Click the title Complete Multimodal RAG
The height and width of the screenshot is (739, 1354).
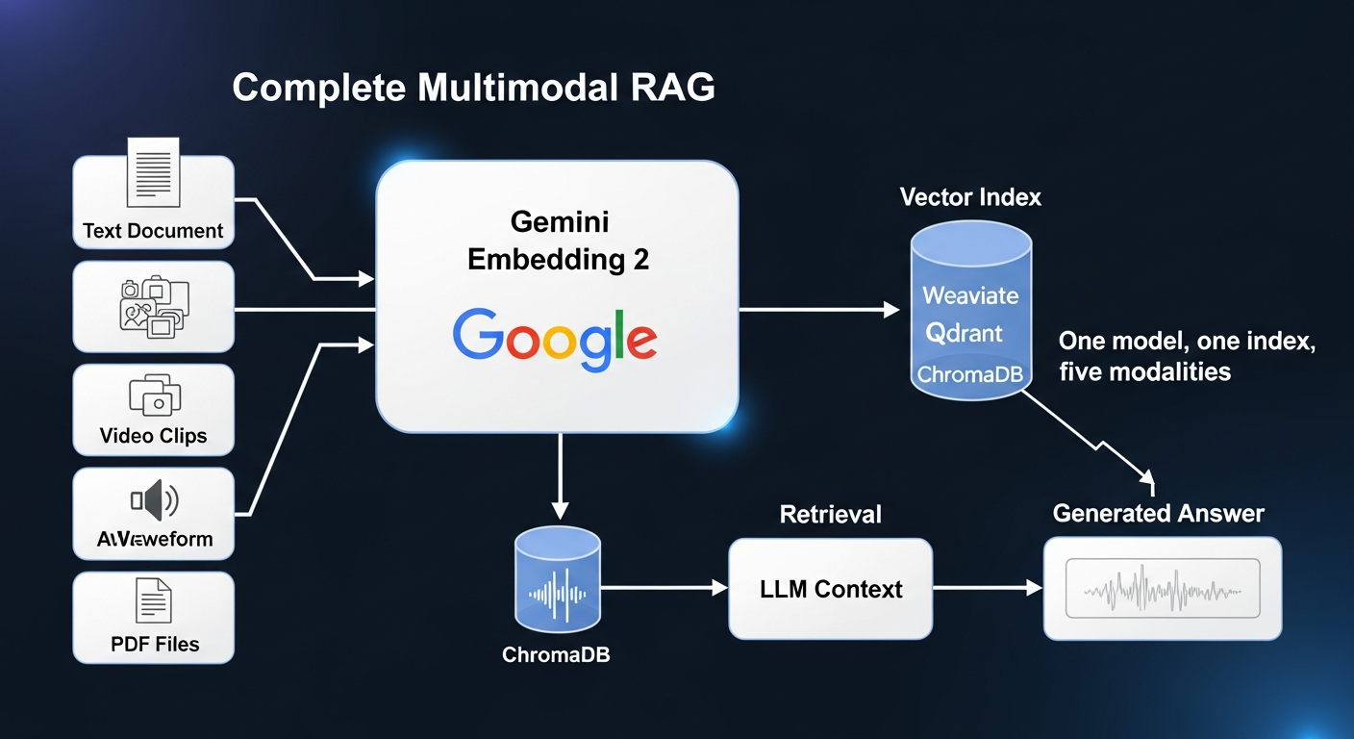473,88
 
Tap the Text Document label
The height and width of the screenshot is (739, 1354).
153,231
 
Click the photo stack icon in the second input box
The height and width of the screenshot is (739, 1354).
154,306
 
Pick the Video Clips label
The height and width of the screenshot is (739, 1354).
153,436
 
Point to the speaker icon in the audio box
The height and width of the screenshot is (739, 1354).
154,499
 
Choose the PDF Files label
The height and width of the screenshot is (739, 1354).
155,644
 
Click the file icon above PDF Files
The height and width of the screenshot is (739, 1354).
154,601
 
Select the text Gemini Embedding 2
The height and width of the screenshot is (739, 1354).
558,242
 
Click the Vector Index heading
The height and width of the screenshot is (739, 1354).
970,197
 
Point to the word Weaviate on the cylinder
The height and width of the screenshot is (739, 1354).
970,294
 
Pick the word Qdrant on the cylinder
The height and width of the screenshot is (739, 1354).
964,333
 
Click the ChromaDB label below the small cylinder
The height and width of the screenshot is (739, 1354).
556,655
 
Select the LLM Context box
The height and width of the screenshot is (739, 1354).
831,589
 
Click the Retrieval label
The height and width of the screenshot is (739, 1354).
830,515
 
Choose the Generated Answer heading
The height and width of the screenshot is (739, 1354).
1158,513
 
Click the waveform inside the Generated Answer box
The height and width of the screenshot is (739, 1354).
1163,588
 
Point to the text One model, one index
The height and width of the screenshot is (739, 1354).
1186,342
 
